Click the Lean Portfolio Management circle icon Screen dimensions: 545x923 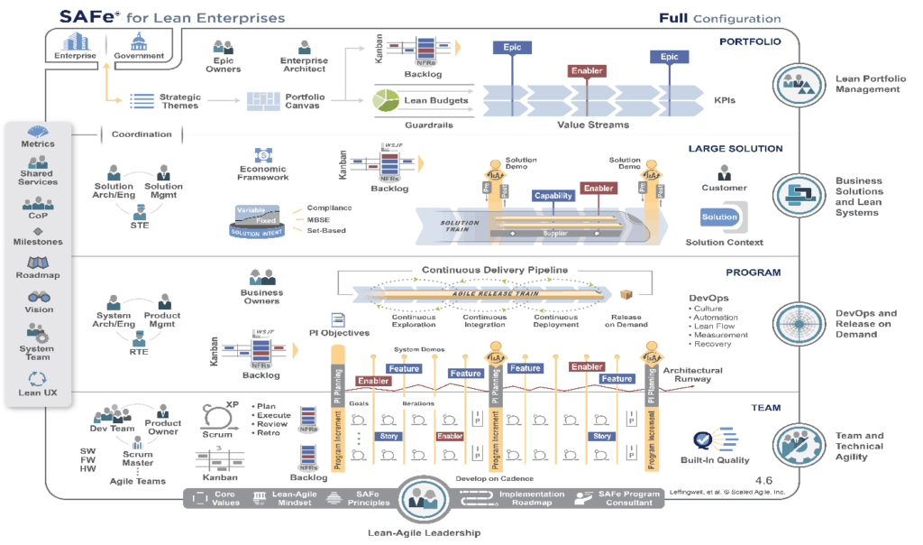click(799, 84)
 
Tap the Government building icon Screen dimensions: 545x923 click(140, 43)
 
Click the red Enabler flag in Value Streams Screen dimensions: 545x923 click(587, 70)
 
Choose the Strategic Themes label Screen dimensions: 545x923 click(180, 101)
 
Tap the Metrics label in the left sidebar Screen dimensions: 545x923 click(38, 143)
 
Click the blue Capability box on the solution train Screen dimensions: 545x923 click(553, 196)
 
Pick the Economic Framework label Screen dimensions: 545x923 click(264, 172)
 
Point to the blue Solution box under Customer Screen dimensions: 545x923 click(719, 217)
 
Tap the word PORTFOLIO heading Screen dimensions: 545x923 click(750, 41)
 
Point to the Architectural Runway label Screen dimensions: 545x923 click(692, 374)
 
